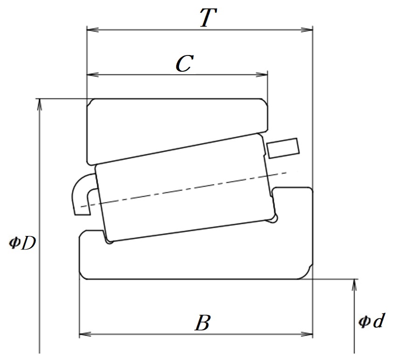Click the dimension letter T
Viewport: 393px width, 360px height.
208,18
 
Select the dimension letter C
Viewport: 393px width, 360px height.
185,63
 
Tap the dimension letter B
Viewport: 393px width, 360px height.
202,322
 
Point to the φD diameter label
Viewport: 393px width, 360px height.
22,242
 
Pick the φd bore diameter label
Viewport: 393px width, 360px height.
371,320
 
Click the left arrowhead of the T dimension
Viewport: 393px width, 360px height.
92,30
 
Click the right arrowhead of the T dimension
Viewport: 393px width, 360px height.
307,30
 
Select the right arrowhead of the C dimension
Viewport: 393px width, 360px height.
262,75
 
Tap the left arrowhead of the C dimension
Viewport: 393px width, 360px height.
92,75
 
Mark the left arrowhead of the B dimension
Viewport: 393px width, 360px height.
85,334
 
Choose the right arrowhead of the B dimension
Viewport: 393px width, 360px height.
307,334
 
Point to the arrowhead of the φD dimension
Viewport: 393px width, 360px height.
39,104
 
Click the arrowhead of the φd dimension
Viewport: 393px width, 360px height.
354,285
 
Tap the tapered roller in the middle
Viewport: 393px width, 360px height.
186,188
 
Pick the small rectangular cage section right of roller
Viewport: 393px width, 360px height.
283,148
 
